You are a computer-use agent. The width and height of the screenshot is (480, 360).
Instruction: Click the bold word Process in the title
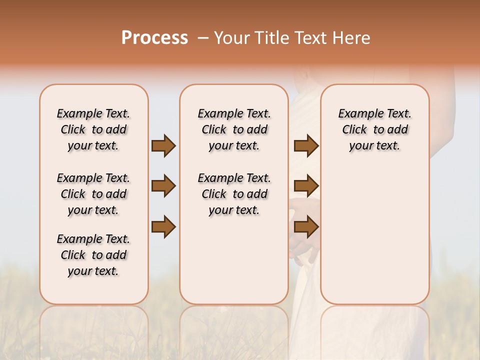(x=154, y=38)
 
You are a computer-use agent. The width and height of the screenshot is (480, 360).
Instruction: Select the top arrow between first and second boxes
(x=163, y=145)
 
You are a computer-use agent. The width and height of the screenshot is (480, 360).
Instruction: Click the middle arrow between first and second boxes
(x=163, y=186)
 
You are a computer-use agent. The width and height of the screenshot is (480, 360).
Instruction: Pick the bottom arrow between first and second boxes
(x=163, y=227)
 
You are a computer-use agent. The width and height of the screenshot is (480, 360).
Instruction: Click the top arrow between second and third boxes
(x=306, y=145)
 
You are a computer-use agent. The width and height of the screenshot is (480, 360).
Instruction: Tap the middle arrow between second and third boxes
(x=306, y=186)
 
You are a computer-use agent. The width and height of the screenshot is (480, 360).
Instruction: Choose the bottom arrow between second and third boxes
(x=306, y=227)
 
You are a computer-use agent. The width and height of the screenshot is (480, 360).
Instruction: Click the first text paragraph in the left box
(x=93, y=129)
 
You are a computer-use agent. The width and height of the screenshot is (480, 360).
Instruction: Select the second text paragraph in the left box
(x=93, y=194)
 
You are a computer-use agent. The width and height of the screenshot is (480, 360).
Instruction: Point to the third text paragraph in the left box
(x=93, y=255)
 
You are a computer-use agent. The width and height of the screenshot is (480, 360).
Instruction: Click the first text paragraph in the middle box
(x=234, y=129)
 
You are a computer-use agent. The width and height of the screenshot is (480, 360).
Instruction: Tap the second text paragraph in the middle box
(x=234, y=194)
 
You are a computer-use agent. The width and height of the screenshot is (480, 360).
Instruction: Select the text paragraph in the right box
(x=374, y=129)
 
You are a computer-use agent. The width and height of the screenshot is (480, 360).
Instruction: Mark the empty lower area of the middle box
(x=234, y=260)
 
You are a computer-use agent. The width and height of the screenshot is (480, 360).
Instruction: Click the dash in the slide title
(x=202, y=38)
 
